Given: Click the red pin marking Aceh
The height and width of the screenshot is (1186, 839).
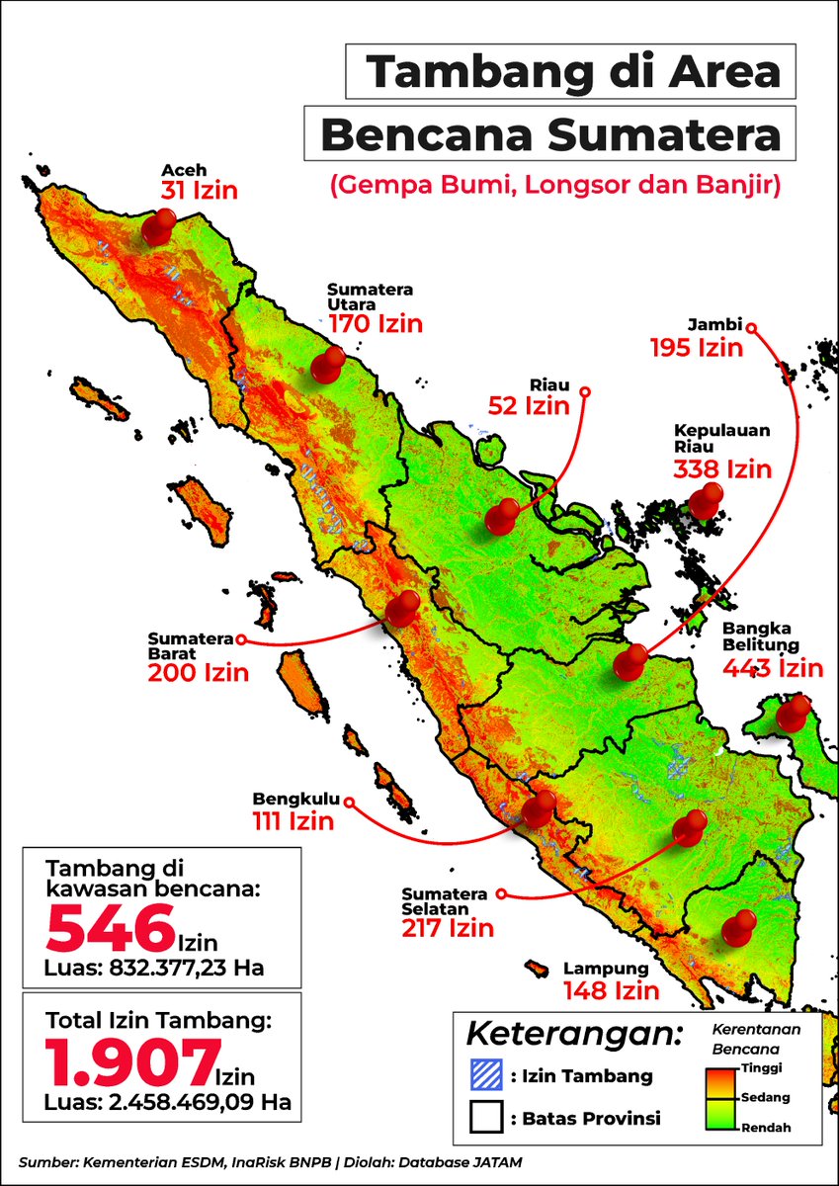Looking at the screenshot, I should [x=156, y=226].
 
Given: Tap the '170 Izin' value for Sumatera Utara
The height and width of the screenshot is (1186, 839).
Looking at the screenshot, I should [x=376, y=324].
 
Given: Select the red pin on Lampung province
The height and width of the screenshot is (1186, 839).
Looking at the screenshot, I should [x=737, y=928].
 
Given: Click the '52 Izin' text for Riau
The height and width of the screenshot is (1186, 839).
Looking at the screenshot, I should [x=529, y=405].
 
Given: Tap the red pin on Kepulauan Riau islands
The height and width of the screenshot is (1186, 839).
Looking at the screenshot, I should [x=705, y=502].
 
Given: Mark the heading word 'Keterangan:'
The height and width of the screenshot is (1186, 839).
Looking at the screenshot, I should [x=574, y=1034].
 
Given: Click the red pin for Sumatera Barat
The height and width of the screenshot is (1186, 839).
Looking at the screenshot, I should [x=402, y=607].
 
